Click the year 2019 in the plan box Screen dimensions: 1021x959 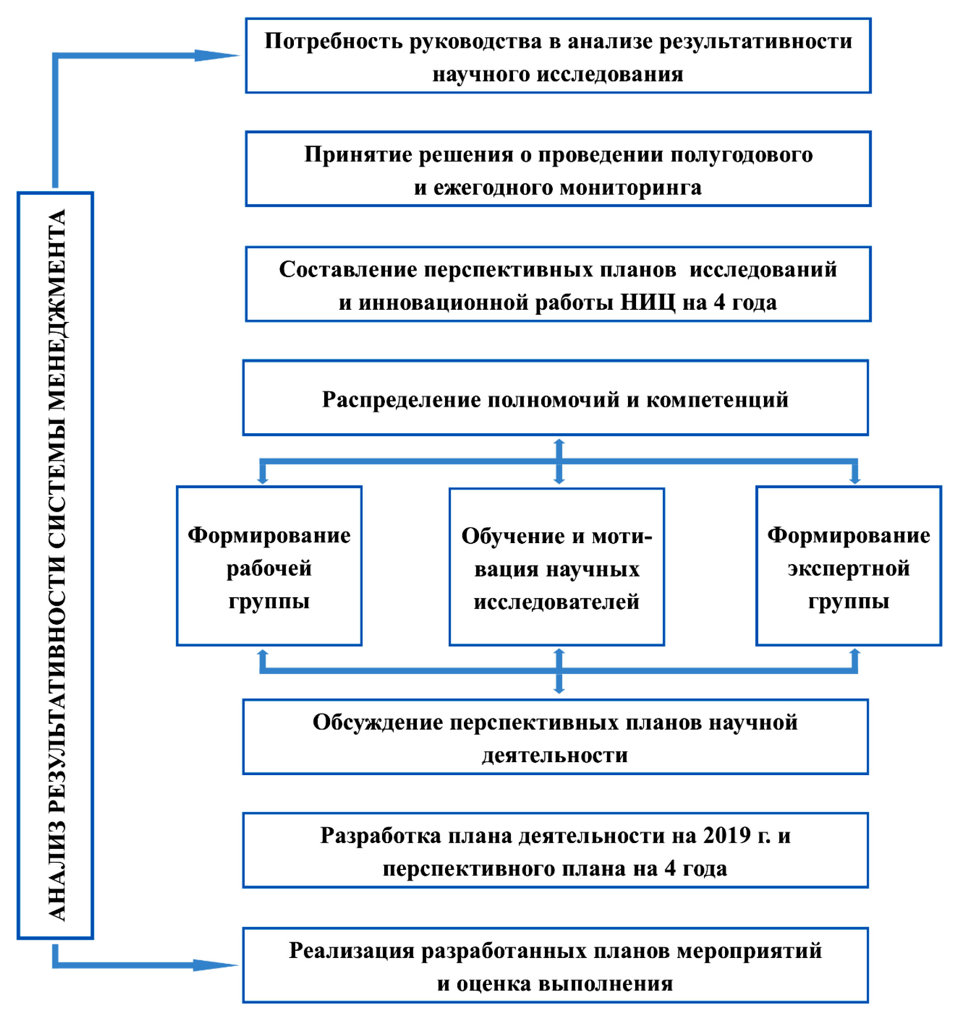coord(727,836)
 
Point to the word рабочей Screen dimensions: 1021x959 coord(269,569)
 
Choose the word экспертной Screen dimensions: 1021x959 coord(849,569)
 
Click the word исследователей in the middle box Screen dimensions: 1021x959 coord(556,602)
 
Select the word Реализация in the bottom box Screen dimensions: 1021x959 coord(352,951)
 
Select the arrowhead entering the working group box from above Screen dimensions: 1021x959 coord(263,480)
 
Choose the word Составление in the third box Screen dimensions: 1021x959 coord(348,270)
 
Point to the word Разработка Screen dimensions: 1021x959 coord(381,836)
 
